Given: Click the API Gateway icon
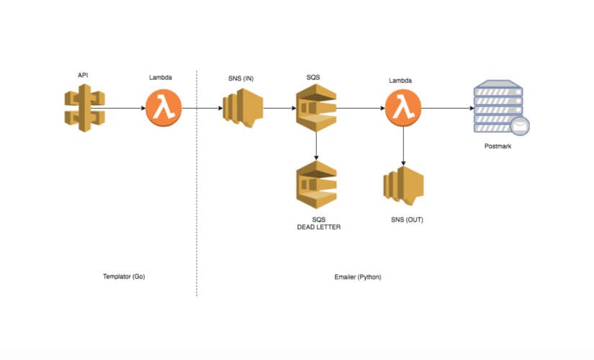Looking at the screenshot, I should (84, 109).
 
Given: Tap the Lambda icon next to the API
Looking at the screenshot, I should (163, 109).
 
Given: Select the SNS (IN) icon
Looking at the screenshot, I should (242, 109).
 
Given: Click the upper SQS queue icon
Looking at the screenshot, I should (316, 109).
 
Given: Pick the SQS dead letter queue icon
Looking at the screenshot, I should (316, 184).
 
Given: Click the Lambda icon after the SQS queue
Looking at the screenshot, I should (402, 109).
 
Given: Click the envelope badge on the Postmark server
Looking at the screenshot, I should (520, 127).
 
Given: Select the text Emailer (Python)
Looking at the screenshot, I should (358, 276).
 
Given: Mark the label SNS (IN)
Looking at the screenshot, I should (240, 78).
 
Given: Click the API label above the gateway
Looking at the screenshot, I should (84, 74).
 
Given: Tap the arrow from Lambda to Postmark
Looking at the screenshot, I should (446, 109).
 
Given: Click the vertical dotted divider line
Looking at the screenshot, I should (197, 216).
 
